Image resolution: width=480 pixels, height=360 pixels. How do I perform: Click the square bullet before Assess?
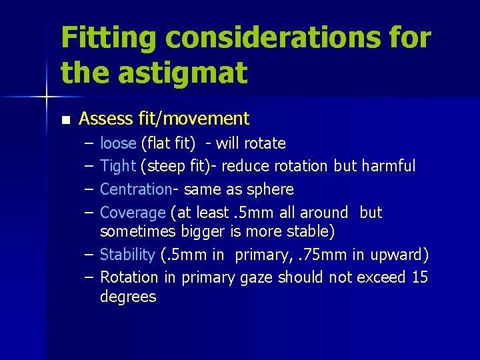(65, 120)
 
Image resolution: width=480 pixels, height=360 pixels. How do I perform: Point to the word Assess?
(107, 119)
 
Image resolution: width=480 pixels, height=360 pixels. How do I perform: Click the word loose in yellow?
(118, 143)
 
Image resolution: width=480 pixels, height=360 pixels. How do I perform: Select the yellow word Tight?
(118, 166)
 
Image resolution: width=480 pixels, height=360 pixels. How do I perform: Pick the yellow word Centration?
(135, 189)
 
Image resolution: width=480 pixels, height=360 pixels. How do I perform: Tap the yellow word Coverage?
(133, 213)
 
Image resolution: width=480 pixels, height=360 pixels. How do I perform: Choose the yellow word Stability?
(127, 255)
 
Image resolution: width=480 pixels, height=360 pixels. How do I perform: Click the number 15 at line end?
(420, 277)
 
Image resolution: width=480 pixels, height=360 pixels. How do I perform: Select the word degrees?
(128, 297)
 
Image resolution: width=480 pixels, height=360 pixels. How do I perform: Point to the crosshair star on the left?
(46, 98)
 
